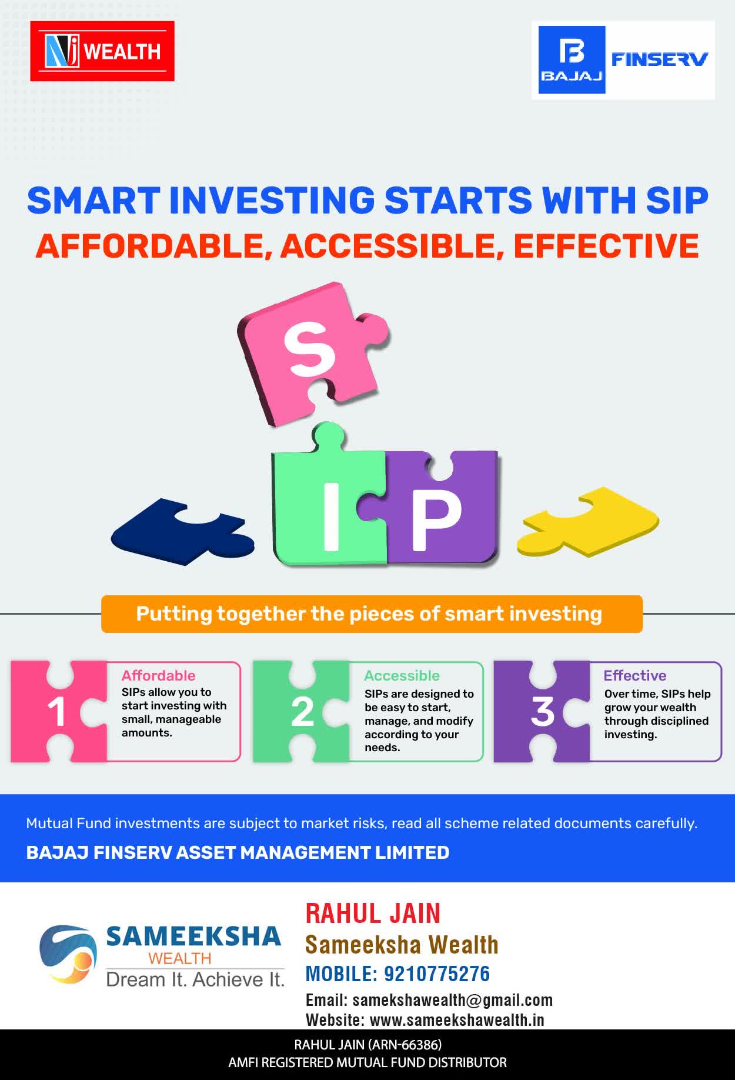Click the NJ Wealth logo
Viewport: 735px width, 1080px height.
pyautogui.click(x=102, y=51)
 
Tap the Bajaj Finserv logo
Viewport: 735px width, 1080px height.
pyautogui.click(x=623, y=60)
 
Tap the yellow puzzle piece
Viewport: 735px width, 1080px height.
pyautogui.click(x=588, y=521)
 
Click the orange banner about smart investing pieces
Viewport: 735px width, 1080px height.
pyautogui.click(x=372, y=614)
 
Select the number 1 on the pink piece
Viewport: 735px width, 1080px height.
pyautogui.click(x=56, y=712)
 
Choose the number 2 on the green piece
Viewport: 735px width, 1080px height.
pyautogui.click(x=302, y=712)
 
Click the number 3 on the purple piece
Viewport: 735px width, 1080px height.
pyautogui.click(x=542, y=712)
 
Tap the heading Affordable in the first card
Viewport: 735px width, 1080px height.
pyautogui.click(x=158, y=675)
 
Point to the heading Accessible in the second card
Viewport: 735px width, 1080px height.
pyautogui.click(x=402, y=675)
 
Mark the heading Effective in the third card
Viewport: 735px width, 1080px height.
pyautogui.click(x=635, y=675)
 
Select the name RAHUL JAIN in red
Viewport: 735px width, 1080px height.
pyautogui.click(x=373, y=914)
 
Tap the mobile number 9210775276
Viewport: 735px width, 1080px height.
pyautogui.click(x=437, y=974)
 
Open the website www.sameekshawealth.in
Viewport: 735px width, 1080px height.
pyautogui.click(x=457, y=1020)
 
